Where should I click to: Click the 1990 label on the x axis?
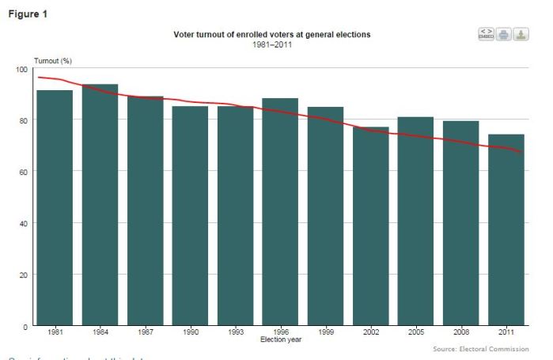190,333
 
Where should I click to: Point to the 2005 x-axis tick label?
415,333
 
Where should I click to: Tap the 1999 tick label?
325,333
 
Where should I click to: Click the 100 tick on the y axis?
21,70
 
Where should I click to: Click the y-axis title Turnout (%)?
53,61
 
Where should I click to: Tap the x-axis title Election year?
280,340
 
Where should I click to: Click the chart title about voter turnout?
271,35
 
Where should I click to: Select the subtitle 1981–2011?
271,44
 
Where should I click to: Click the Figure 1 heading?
28,13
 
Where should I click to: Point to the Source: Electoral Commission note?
483,349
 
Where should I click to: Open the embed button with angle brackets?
486,34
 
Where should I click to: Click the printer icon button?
503,34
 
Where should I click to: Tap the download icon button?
521,34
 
